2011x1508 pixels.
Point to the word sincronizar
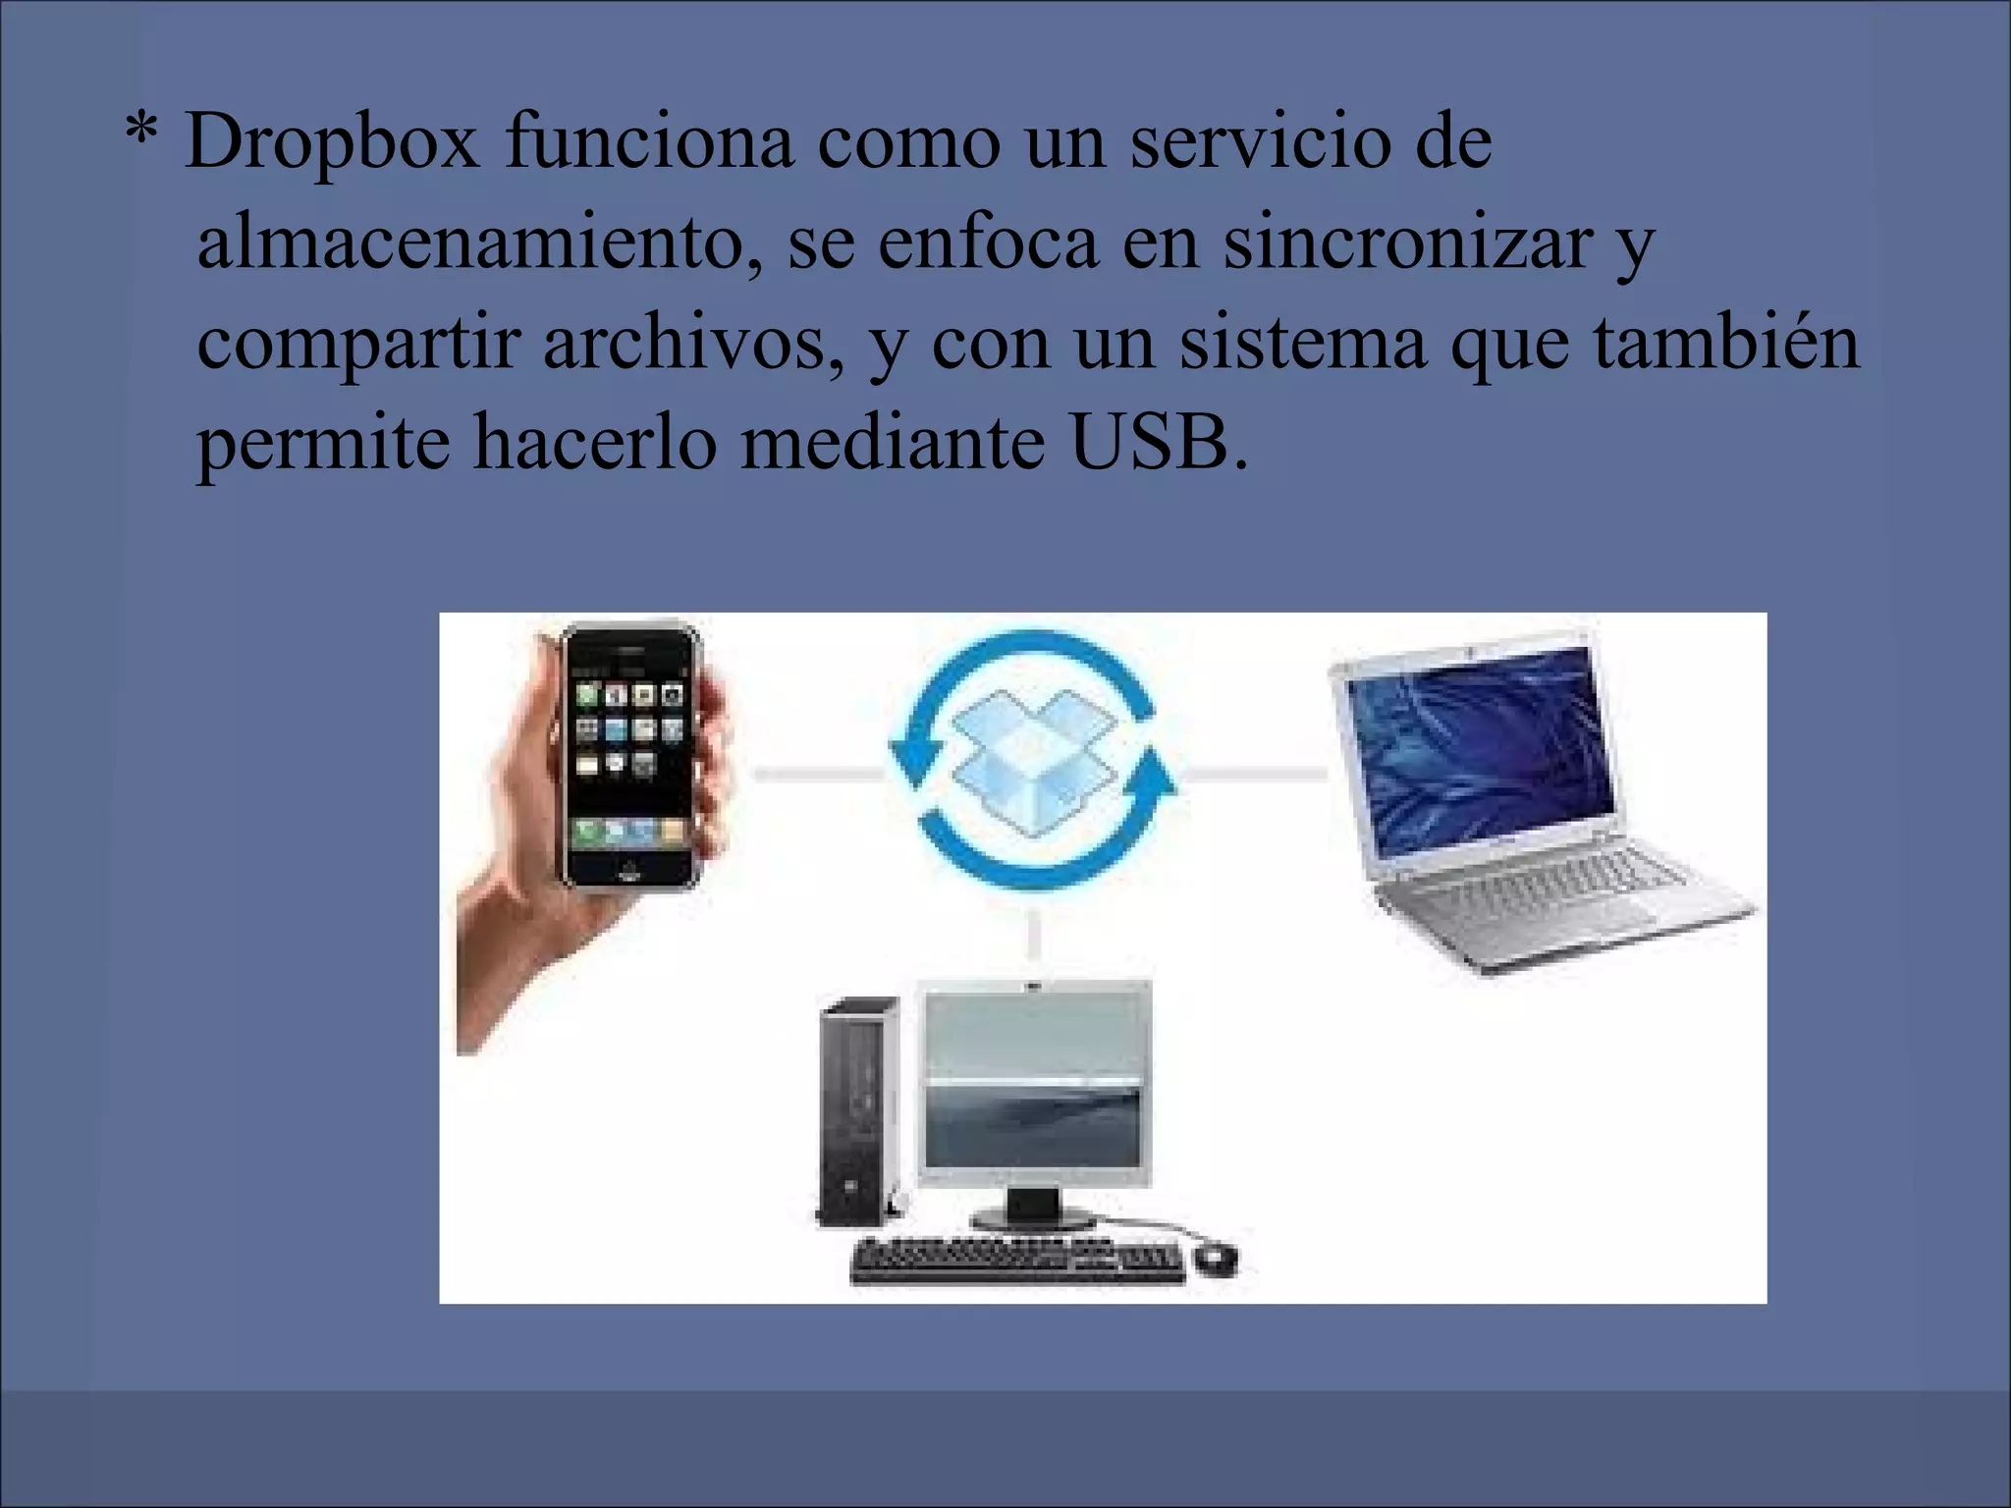coord(1406,243)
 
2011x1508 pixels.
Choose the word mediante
coord(891,444)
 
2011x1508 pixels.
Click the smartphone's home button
coord(628,870)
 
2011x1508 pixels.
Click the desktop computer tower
coord(857,1109)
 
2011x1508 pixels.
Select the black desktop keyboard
coord(1017,1262)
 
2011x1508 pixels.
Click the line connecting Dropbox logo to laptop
coord(1251,775)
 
